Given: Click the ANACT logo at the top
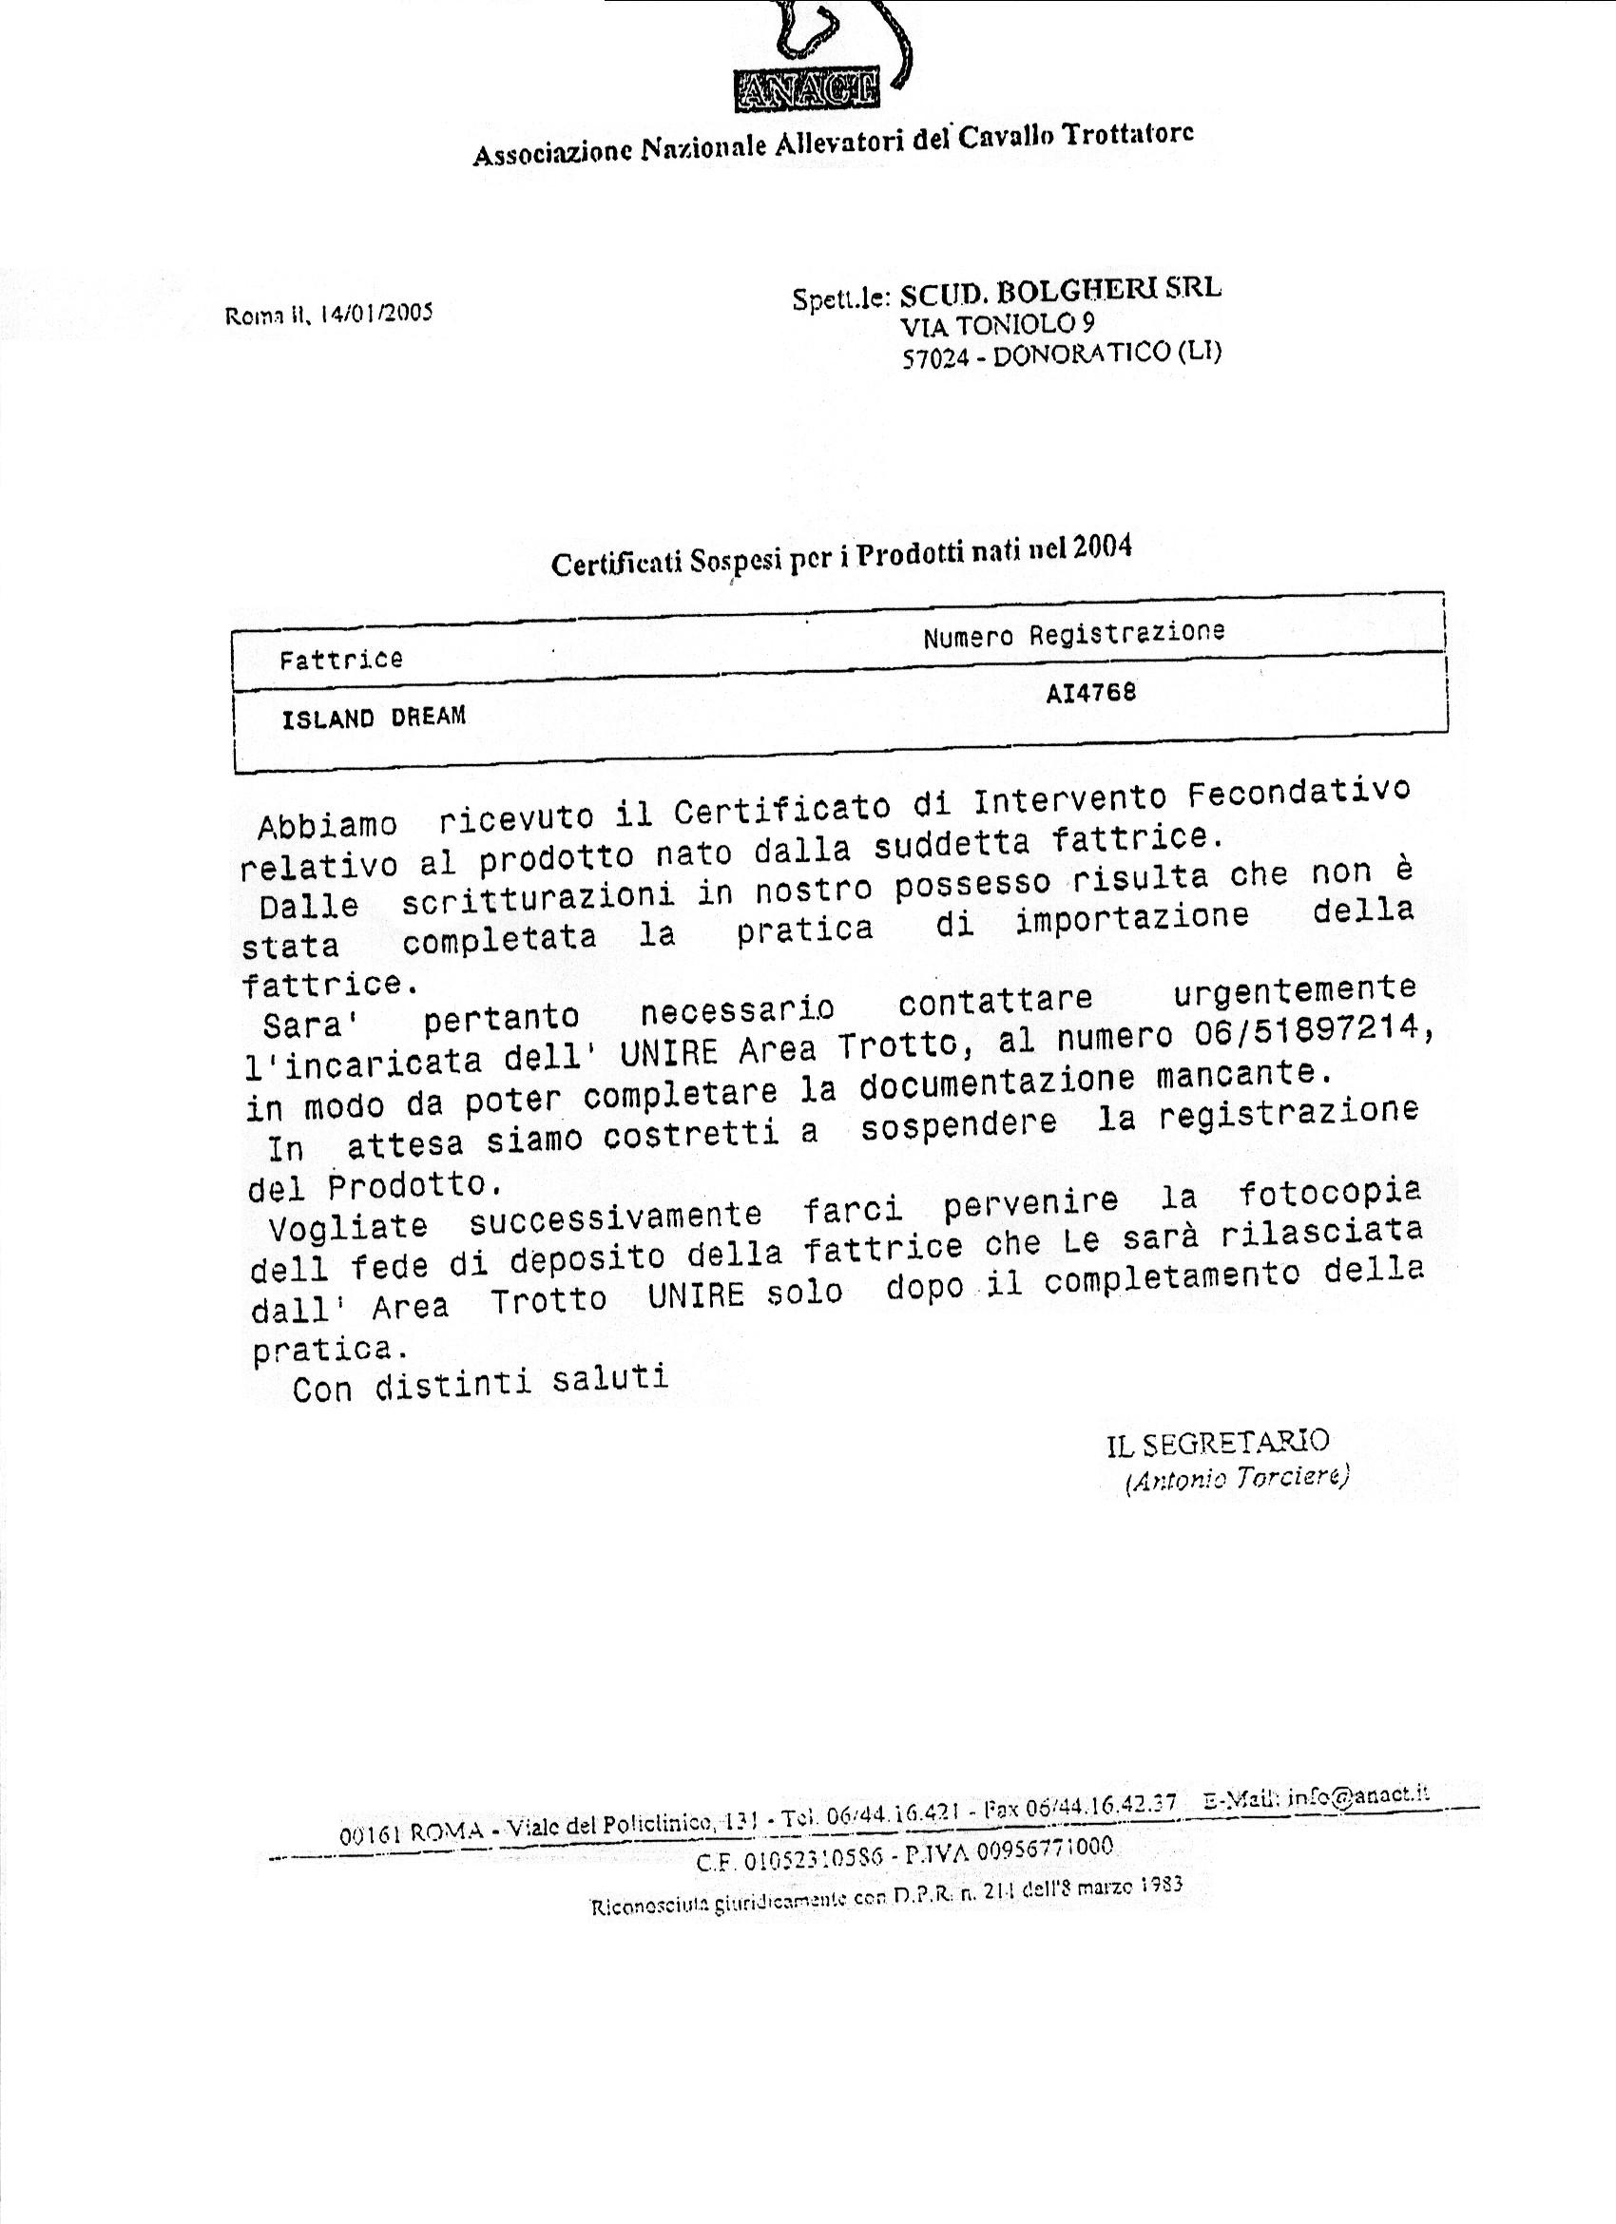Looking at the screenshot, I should click(x=806, y=91).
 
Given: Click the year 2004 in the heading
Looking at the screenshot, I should click(x=1102, y=546).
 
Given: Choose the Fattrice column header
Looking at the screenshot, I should click(x=340, y=659).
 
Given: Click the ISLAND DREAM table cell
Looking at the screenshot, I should click(x=373, y=718).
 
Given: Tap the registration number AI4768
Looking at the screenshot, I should click(x=1090, y=693).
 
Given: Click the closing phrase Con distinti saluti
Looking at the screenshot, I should click(x=480, y=1384).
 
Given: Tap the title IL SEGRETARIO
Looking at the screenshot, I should click(x=1218, y=1442).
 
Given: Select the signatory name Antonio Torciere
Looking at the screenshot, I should click(x=1238, y=1479).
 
